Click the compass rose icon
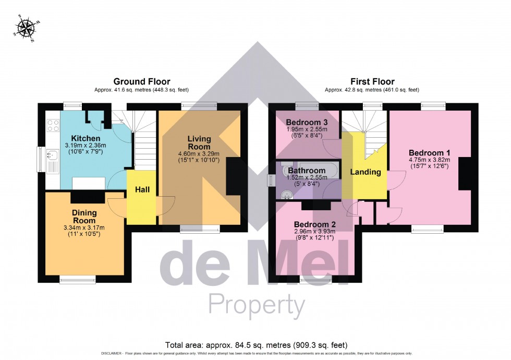coord(23,28)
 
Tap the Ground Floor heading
coord(137,81)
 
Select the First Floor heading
coord(372,81)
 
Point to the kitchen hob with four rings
coord(53,125)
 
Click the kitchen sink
coord(53,154)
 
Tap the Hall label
coord(143,190)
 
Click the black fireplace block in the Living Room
coord(233,177)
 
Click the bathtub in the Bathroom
coord(304,170)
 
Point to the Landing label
coord(365,172)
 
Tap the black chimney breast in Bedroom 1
coord(465,173)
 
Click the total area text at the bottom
coord(256,345)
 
